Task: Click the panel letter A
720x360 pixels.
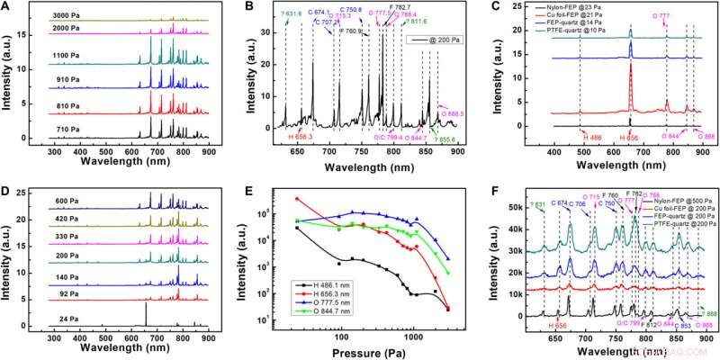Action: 8,8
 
